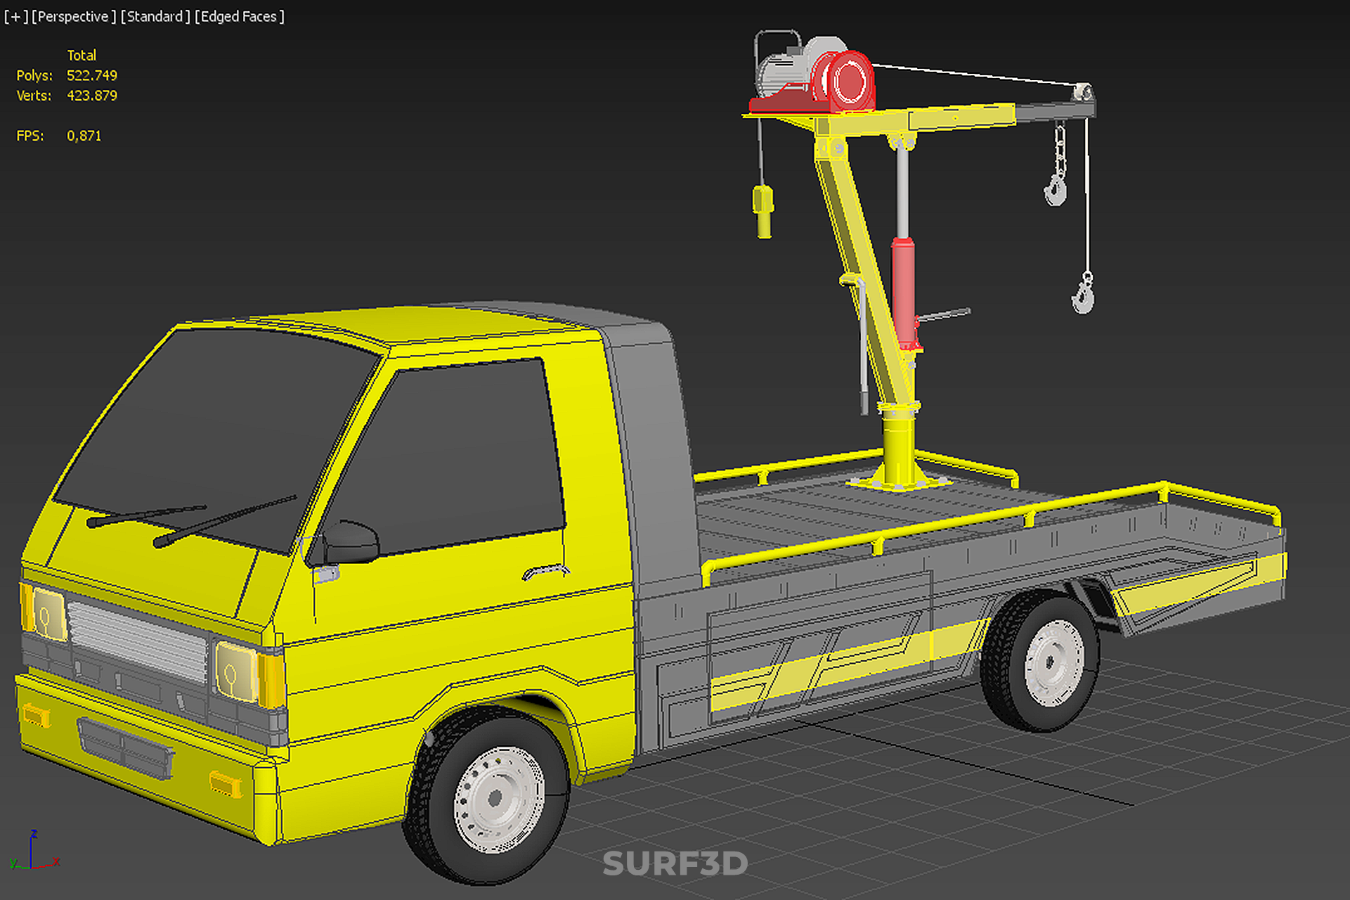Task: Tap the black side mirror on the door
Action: (351, 542)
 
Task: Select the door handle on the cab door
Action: (545, 571)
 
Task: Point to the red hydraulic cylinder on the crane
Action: (904, 292)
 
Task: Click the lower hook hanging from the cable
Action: (1084, 294)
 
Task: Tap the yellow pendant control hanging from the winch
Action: (763, 211)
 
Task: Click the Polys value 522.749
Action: (92, 75)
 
